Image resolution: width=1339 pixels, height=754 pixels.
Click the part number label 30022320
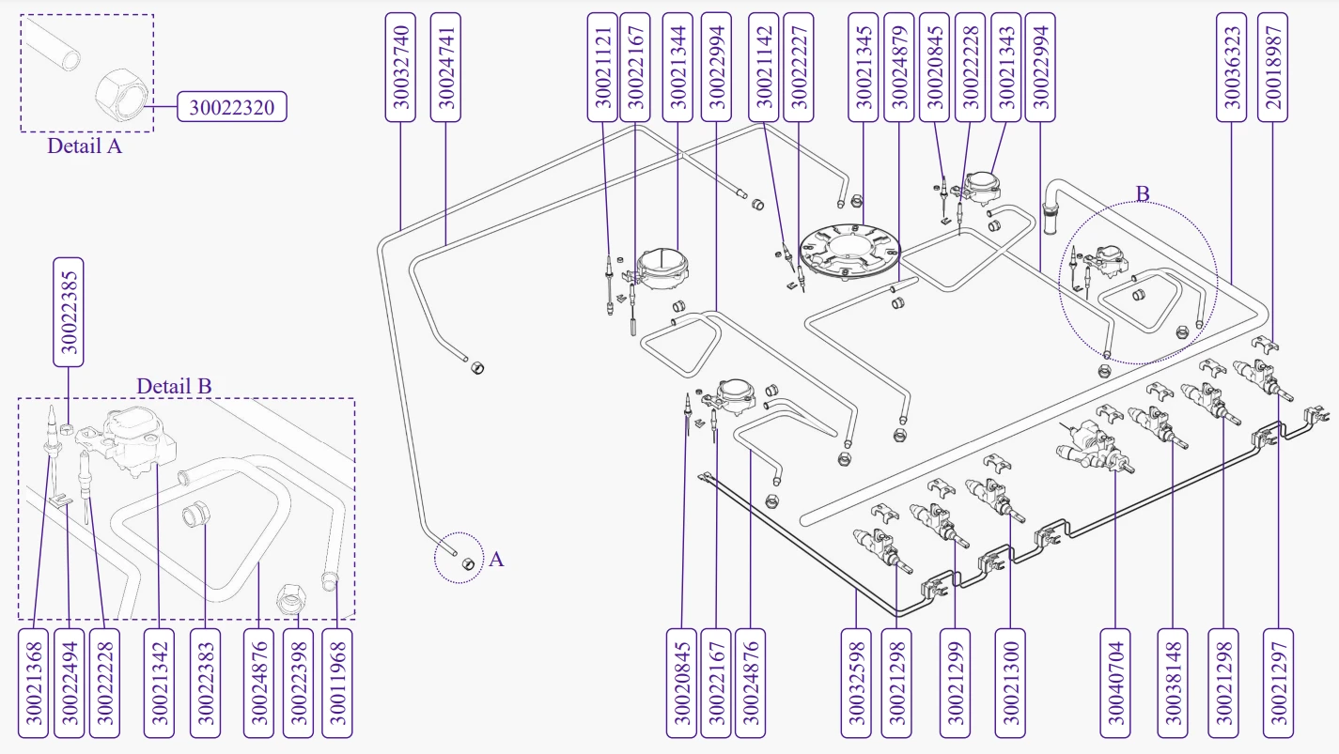[231, 107]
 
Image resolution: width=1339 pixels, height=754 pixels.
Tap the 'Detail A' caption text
[85, 146]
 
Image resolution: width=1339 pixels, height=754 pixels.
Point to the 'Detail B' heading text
[174, 386]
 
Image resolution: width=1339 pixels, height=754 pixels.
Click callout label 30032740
[400, 67]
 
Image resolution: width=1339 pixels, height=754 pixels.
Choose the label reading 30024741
[445, 67]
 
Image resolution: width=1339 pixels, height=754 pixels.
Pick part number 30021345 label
[864, 67]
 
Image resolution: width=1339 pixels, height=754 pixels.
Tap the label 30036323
[1232, 67]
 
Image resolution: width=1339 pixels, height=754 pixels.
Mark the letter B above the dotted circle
[1143, 194]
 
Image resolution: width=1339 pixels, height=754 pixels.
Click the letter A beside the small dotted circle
[497, 560]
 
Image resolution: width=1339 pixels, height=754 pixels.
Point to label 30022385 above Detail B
[69, 312]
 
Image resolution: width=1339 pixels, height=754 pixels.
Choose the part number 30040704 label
[1115, 683]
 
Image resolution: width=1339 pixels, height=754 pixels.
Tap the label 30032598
[856, 683]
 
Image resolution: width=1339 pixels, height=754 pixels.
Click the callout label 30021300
[1010, 683]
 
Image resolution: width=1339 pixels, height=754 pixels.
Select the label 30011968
[337, 683]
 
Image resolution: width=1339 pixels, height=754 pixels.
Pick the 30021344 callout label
[677, 67]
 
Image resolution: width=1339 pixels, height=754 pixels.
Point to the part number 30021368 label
[33, 683]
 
